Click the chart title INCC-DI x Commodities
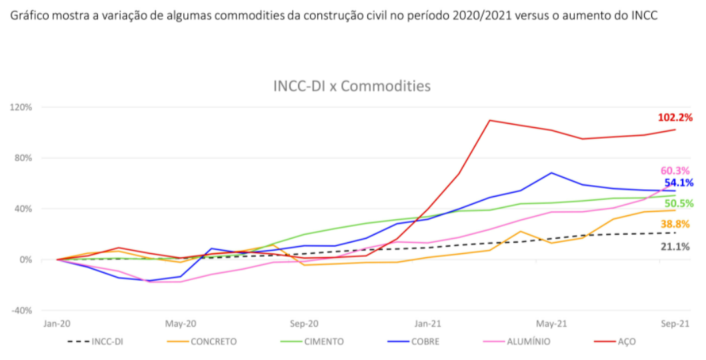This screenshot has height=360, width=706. [352, 86]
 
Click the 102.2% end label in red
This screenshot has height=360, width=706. [676, 117]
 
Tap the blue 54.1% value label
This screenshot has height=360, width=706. [679, 183]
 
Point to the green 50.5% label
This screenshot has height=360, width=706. [679, 203]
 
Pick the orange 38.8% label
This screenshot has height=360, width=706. [675, 224]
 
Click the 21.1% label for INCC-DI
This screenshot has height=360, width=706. [675, 247]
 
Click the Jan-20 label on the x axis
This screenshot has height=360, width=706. [57, 323]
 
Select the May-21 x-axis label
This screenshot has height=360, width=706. [551, 323]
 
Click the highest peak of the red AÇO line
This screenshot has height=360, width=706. [490, 121]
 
